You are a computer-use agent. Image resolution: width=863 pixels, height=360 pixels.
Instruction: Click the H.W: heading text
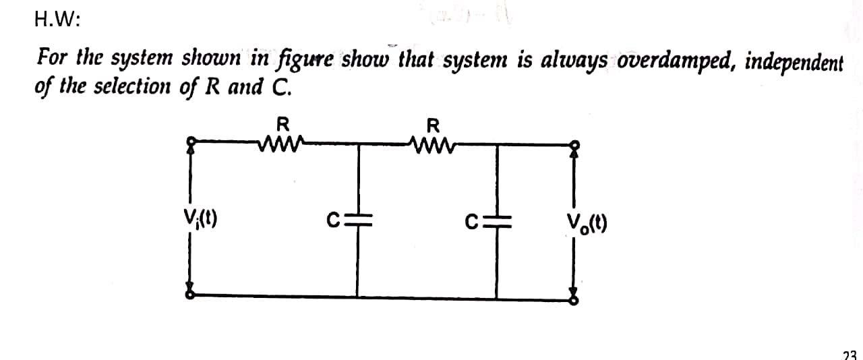(x=57, y=20)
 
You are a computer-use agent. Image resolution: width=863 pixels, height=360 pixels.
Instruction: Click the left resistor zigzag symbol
(x=282, y=143)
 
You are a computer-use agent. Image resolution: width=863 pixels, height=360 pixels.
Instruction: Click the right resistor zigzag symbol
(x=433, y=143)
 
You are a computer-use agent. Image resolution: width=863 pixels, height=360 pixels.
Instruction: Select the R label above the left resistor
(x=283, y=125)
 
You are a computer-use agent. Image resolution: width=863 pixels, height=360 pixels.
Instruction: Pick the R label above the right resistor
(x=434, y=125)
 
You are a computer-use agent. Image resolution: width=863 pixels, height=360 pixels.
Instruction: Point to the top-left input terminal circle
(x=191, y=143)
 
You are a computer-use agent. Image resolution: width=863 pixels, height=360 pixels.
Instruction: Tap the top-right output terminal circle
(x=574, y=144)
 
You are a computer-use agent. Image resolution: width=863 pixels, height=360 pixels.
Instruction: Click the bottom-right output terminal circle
(x=574, y=297)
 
